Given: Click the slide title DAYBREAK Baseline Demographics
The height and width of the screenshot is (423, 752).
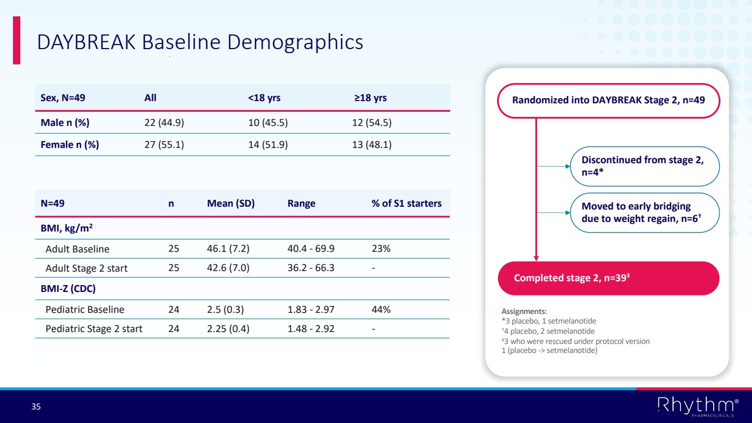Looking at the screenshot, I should pyautogui.click(x=200, y=42).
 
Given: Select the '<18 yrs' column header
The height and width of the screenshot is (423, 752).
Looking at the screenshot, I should pyautogui.click(x=264, y=98).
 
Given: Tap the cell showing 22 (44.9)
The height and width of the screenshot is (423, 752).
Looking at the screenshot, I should pyautogui.click(x=165, y=123).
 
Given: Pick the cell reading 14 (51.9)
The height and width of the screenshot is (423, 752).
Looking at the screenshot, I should pyautogui.click(x=268, y=145).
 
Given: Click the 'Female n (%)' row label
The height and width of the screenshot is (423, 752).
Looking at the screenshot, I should pyautogui.click(x=70, y=145).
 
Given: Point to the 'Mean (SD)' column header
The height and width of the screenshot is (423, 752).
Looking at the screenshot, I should pyautogui.click(x=231, y=203).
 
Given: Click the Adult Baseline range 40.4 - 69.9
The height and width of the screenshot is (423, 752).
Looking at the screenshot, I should pyautogui.click(x=311, y=249).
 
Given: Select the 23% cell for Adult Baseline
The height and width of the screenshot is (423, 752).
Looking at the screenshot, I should pyautogui.click(x=381, y=249).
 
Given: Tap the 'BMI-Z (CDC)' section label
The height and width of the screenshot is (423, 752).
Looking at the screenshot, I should pyautogui.click(x=68, y=289).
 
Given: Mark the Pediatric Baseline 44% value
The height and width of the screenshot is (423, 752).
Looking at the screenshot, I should pyautogui.click(x=381, y=309).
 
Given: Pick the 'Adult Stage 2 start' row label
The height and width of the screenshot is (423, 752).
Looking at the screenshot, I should pyautogui.click(x=86, y=268).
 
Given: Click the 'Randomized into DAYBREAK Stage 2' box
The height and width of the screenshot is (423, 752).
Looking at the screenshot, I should pyautogui.click(x=608, y=101).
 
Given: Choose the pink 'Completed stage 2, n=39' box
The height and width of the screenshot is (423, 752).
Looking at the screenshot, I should pyautogui.click(x=608, y=278).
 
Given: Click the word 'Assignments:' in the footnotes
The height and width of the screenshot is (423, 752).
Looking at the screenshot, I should pyautogui.click(x=524, y=311).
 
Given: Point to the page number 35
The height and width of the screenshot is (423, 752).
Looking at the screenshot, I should pyautogui.click(x=36, y=407).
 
